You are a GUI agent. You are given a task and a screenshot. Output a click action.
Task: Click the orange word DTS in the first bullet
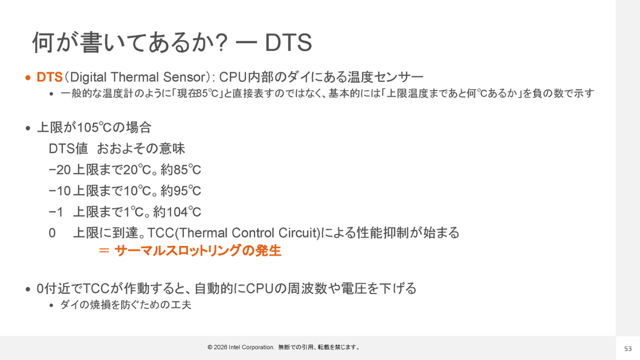pos(50,77)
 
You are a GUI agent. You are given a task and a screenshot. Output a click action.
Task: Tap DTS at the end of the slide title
pos(289,43)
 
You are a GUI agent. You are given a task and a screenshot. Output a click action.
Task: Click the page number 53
pos(628,349)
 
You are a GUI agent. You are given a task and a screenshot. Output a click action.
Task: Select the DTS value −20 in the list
pos(59,170)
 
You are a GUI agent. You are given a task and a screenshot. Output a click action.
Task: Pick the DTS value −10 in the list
pos(59,191)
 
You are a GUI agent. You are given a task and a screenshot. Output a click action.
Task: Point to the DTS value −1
pos(55,212)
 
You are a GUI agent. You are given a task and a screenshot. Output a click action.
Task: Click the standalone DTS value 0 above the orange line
pos(52,233)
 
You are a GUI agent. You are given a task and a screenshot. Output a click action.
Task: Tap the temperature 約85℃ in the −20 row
pos(181,170)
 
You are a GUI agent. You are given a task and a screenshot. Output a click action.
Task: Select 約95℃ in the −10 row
pos(181,191)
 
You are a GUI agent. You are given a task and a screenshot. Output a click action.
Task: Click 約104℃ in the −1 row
pos(177,212)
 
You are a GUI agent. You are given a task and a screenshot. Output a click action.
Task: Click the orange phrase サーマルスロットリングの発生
pos(198,251)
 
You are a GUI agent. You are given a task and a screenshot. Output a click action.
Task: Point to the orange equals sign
pos(103,251)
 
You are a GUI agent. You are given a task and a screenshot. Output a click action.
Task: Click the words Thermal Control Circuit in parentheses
pos(247,233)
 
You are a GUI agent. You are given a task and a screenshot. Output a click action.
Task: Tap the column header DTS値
pos(68,149)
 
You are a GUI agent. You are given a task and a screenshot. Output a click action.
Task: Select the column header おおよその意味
pos(141,149)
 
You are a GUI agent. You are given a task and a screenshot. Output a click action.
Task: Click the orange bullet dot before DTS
pos(28,78)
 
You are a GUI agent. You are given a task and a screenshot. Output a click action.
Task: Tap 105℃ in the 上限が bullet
pos(94,127)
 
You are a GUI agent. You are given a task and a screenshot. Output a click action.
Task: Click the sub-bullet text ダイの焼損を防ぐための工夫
pos(125,305)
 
